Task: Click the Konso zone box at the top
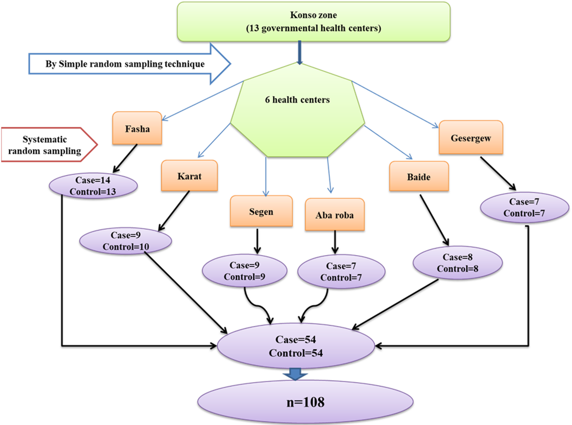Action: point(313,22)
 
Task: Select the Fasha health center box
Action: point(137,128)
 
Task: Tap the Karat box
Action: point(189,176)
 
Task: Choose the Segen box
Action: point(261,211)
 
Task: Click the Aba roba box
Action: point(335,215)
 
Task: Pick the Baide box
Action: point(419,176)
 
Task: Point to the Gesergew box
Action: point(471,138)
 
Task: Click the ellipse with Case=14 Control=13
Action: point(93,186)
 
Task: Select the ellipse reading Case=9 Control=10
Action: point(125,241)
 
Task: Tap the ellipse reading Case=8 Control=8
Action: point(457,263)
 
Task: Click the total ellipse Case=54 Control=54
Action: point(296,346)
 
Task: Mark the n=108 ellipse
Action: point(305,402)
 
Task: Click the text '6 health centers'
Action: point(297,100)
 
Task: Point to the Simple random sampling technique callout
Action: point(125,64)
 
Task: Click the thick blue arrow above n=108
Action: point(295,374)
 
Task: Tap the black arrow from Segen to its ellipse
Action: point(257,241)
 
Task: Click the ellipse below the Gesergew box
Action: point(524,208)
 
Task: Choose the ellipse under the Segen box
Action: point(244,271)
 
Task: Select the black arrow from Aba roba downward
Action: point(335,242)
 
